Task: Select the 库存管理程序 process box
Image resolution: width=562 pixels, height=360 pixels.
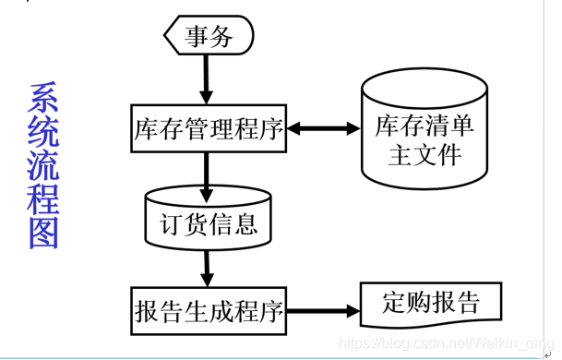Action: [207, 127]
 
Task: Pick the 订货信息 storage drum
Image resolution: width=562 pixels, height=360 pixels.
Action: [208, 220]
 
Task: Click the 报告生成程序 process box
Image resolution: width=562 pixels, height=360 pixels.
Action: [207, 308]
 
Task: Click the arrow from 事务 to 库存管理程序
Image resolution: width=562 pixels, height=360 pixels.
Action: [207, 79]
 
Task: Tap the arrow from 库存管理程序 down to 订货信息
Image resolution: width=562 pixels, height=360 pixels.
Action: [207, 170]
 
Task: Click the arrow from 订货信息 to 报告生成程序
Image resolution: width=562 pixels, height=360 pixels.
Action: [207, 265]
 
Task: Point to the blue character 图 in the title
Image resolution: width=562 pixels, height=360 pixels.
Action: [43, 234]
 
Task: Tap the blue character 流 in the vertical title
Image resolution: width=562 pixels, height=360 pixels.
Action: [43, 166]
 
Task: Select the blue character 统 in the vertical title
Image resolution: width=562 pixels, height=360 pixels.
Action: [43, 132]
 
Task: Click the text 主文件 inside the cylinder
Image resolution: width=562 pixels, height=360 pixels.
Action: [424, 154]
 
